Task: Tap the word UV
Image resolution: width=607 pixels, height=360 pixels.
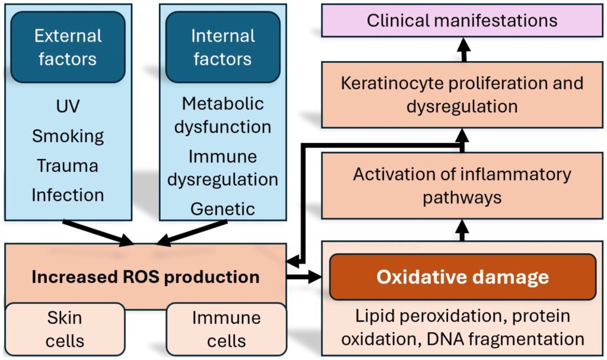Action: click(x=68, y=107)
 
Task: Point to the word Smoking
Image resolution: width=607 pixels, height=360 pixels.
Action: click(x=68, y=136)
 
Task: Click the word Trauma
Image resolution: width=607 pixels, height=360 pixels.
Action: click(x=68, y=165)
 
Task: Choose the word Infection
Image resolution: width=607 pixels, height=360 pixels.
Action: click(x=68, y=194)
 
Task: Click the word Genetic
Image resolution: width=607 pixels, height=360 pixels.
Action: click(x=222, y=209)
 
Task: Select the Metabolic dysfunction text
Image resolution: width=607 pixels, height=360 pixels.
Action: click(x=222, y=115)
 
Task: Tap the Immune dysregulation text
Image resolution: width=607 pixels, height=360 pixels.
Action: click(x=222, y=167)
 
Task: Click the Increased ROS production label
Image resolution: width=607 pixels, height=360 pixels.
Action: click(x=145, y=277)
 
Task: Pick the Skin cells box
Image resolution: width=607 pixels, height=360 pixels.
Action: click(x=65, y=329)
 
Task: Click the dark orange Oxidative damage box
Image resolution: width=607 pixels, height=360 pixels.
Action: click(x=462, y=277)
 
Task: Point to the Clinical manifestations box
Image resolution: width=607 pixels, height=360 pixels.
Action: click(x=462, y=21)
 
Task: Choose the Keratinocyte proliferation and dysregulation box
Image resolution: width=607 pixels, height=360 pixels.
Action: click(x=462, y=94)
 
